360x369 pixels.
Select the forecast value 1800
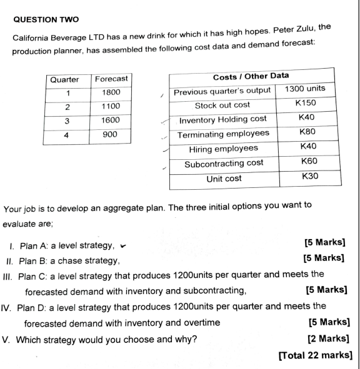coord(110,93)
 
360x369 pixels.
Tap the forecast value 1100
coord(110,106)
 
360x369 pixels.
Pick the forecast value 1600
coord(110,120)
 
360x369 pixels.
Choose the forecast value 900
coord(110,133)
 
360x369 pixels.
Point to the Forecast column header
coord(110,79)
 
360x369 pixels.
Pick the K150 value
coord(306,104)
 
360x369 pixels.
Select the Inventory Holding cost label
coord(223,119)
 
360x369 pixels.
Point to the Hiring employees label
coord(223,149)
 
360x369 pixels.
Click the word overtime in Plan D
coord(200,323)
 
